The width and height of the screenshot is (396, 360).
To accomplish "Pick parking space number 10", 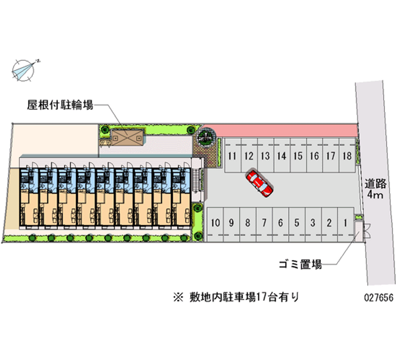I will pos(214,223).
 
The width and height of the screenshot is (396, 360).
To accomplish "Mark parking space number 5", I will pos(297,223).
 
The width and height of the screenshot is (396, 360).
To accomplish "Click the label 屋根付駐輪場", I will pos(60,105).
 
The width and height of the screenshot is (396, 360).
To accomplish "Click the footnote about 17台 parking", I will pos(236,297).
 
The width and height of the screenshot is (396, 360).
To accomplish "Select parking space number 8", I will pos(247,223).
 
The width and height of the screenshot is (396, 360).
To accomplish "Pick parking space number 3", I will pos(313,223).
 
